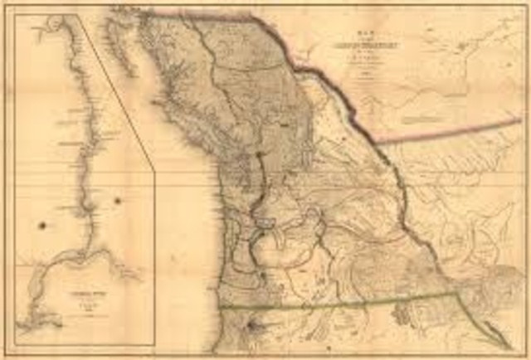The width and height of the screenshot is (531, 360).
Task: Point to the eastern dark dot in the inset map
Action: tap(117, 201)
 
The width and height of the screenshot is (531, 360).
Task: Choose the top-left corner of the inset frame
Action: tap(16, 14)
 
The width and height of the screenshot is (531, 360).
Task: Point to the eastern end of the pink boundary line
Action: tap(520, 120)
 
